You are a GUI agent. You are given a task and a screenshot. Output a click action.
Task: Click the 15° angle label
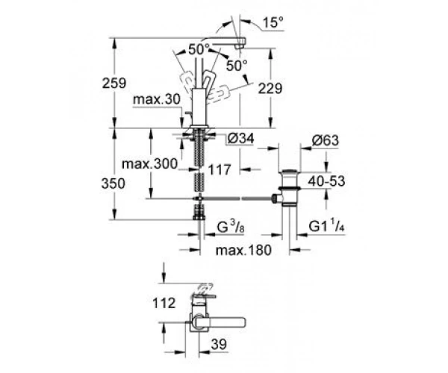pyautogui.click(x=273, y=22)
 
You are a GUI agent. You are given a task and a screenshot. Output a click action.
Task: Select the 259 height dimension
pyautogui.click(x=114, y=84)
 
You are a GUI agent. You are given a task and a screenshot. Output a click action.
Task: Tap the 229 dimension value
pyautogui.click(x=270, y=89)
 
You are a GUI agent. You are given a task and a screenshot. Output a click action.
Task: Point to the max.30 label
pyautogui.click(x=157, y=99)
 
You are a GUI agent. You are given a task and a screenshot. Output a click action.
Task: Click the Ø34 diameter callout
pyautogui.click(x=240, y=139)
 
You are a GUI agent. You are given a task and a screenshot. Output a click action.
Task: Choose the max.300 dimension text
pyautogui.click(x=149, y=164)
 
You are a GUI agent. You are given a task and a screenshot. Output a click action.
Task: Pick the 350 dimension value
pyautogui.click(x=113, y=184)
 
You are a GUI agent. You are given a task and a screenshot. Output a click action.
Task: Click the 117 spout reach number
pyautogui.click(x=219, y=170)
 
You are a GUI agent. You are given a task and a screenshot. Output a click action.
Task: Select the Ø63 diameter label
pyautogui.click(x=325, y=140)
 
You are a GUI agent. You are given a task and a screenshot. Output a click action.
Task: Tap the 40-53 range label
pyautogui.click(x=326, y=181)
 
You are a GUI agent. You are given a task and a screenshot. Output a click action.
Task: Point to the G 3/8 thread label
pyautogui.click(x=231, y=228)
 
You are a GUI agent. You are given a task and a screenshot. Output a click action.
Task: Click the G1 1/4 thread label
pyautogui.click(x=326, y=226)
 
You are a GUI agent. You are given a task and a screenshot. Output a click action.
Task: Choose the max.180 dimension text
pyautogui.click(x=243, y=251)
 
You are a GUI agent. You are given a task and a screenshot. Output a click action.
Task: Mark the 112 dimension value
pyautogui.click(x=164, y=303)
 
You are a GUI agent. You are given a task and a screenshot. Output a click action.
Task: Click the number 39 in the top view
pyautogui.click(x=219, y=344)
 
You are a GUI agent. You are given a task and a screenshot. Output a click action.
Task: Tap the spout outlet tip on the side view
pyautogui.click(x=240, y=46)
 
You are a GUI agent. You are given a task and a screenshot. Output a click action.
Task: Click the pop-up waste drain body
pyautogui.click(x=290, y=187)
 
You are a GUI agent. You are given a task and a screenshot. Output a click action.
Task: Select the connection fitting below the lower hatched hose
pyautogui.click(x=199, y=212)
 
